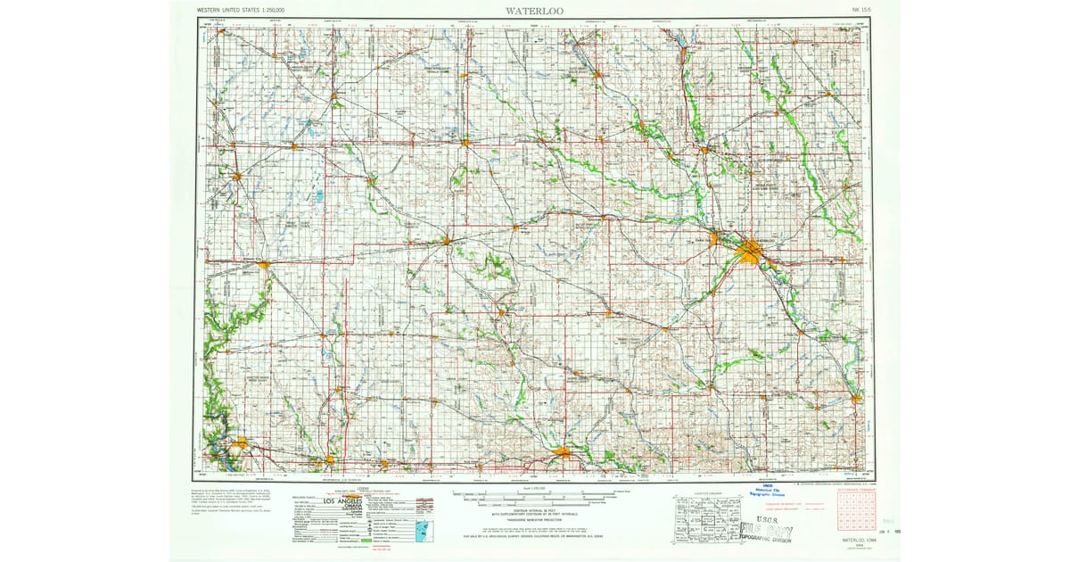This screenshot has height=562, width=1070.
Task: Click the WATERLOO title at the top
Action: click(x=533, y=10)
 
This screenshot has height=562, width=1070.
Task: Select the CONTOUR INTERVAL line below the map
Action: click(x=534, y=510)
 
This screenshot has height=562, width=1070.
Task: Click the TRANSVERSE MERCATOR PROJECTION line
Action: click(x=534, y=520)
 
